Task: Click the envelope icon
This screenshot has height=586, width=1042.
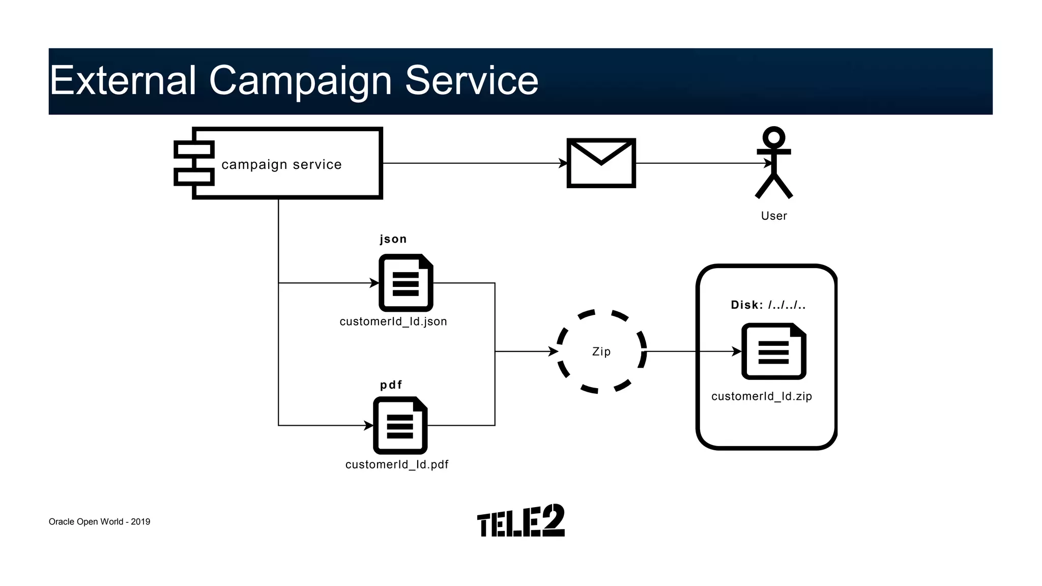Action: pos(601,163)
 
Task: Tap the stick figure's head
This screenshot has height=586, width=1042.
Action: pos(774,137)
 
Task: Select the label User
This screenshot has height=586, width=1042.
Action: pos(774,216)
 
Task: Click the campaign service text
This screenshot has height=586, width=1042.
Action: pos(281,164)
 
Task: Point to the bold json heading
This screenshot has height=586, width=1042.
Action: pos(393,239)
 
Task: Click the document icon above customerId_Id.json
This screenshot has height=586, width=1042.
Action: pos(406,283)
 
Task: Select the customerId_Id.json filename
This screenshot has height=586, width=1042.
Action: pos(393,321)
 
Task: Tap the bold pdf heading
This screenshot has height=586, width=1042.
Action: pos(391,385)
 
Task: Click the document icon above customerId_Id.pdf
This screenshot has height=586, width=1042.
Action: pos(400,425)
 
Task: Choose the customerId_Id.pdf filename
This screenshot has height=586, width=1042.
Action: pos(397,464)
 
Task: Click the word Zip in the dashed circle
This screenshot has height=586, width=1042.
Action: pos(601,351)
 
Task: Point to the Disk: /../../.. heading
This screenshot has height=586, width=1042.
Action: pos(768,305)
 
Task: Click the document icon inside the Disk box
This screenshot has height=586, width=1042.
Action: pos(773,351)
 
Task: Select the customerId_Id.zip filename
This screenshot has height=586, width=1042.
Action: pos(762,396)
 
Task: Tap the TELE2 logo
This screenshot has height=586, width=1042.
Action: pos(520,521)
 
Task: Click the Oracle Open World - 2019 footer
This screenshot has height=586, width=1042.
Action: pos(99,522)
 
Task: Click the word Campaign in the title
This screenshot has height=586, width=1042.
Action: pos(300,80)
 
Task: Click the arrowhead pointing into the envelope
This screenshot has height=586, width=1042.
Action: pos(563,163)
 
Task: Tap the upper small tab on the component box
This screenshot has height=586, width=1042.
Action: pos(194,150)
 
